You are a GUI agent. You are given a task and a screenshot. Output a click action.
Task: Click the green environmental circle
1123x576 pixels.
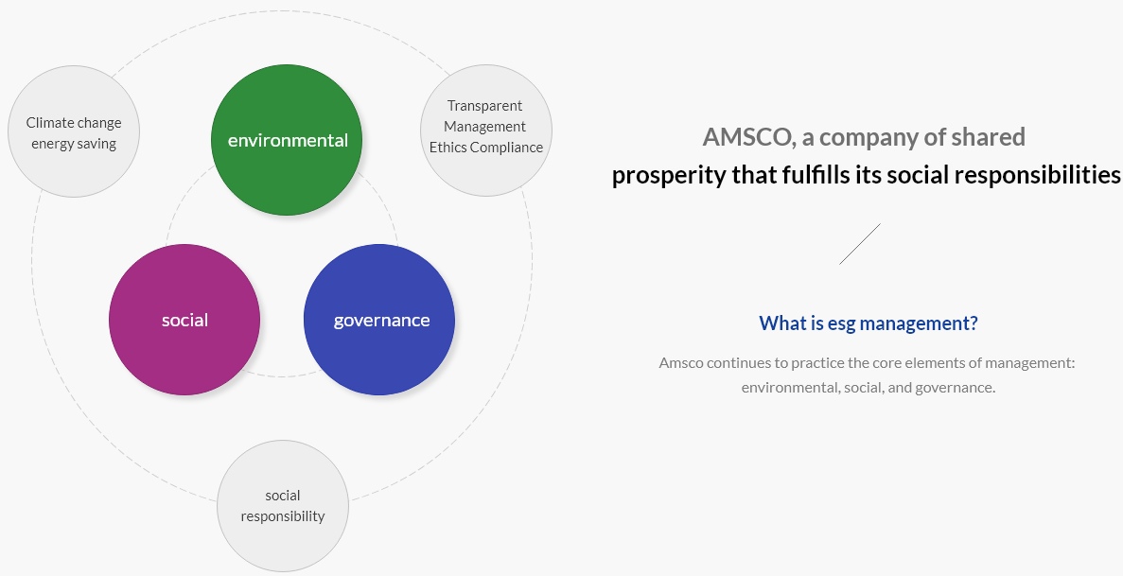tap(287, 140)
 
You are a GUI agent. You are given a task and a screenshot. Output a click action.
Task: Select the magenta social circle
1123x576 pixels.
tap(184, 320)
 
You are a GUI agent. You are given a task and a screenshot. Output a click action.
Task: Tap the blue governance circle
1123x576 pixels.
tap(379, 320)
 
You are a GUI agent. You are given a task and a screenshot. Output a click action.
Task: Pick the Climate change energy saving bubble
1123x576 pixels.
tap(74, 131)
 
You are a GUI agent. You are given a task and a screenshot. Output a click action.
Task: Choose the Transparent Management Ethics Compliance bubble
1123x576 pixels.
tap(486, 131)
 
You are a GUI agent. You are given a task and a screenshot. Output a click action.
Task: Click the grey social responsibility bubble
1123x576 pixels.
tap(283, 506)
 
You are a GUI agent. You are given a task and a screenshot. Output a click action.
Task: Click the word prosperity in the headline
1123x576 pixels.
tap(669, 176)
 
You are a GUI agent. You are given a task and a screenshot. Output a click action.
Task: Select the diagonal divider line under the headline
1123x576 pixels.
tap(859, 244)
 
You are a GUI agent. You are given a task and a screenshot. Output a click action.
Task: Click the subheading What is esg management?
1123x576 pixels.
tap(869, 323)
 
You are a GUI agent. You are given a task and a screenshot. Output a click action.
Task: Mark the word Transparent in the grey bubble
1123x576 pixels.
tap(484, 105)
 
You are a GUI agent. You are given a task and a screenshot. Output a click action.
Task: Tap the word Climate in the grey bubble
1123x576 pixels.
tap(49, 123)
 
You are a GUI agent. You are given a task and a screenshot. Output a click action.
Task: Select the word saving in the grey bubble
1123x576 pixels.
tap(97, 143)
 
